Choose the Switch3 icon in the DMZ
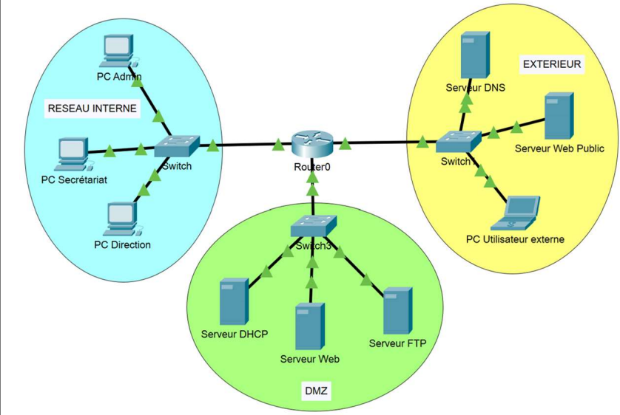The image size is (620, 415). pos(314,227)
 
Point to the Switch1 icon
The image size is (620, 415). pos(456,140)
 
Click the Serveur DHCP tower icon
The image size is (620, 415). pos(235,301)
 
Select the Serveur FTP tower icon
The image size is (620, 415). pos(397,311)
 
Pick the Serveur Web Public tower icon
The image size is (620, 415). pos(559,116)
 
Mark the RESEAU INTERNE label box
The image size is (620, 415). pos(92,108)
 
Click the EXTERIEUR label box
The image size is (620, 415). pos(552,64)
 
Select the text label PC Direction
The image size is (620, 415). pos(122,244)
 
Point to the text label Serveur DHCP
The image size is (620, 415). pos(235,334)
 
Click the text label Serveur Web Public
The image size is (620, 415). pos(559,148)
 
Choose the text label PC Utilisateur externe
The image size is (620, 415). pos(515,239)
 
